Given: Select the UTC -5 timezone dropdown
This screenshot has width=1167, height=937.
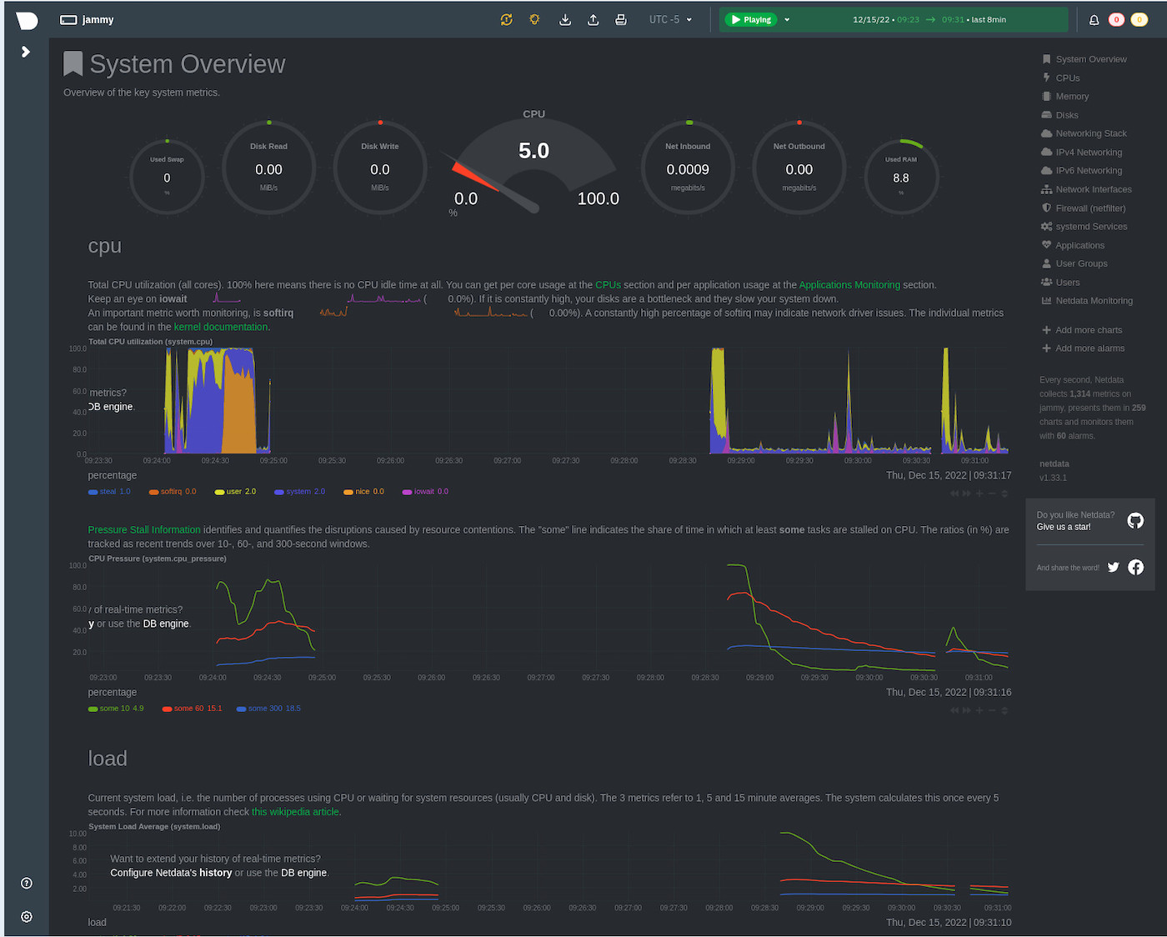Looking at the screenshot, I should tap(670, 19).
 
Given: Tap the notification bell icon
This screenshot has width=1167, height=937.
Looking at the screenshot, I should tap(1094, 20).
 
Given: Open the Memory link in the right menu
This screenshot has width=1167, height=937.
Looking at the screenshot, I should tap(1071, 97).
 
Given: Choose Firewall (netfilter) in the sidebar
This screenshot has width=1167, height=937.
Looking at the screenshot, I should tap(1089, 208).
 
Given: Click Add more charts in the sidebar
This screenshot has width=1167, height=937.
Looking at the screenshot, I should tap(1088, 330).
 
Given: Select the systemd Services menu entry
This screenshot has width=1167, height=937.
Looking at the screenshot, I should tap(1090, 227).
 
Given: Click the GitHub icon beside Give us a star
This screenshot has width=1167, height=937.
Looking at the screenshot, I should tap(1135, 521).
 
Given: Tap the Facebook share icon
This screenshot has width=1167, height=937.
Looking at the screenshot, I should tap(1135, 568).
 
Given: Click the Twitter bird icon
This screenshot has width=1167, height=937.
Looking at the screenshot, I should tap(1113, 568).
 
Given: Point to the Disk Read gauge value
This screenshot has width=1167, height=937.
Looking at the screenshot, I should tap(268, 169).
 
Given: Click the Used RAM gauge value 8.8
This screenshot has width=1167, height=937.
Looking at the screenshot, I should tap(900, 178).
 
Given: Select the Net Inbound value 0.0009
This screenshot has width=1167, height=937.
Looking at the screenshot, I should tap(688, 169).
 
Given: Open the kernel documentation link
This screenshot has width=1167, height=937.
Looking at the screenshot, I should tap(221, 327).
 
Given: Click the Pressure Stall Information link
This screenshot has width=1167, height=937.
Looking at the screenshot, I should tap(144, 529).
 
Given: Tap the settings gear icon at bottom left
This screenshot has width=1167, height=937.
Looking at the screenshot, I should tap(27, 916).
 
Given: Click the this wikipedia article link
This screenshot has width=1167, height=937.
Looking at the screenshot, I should tap(295, 812).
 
